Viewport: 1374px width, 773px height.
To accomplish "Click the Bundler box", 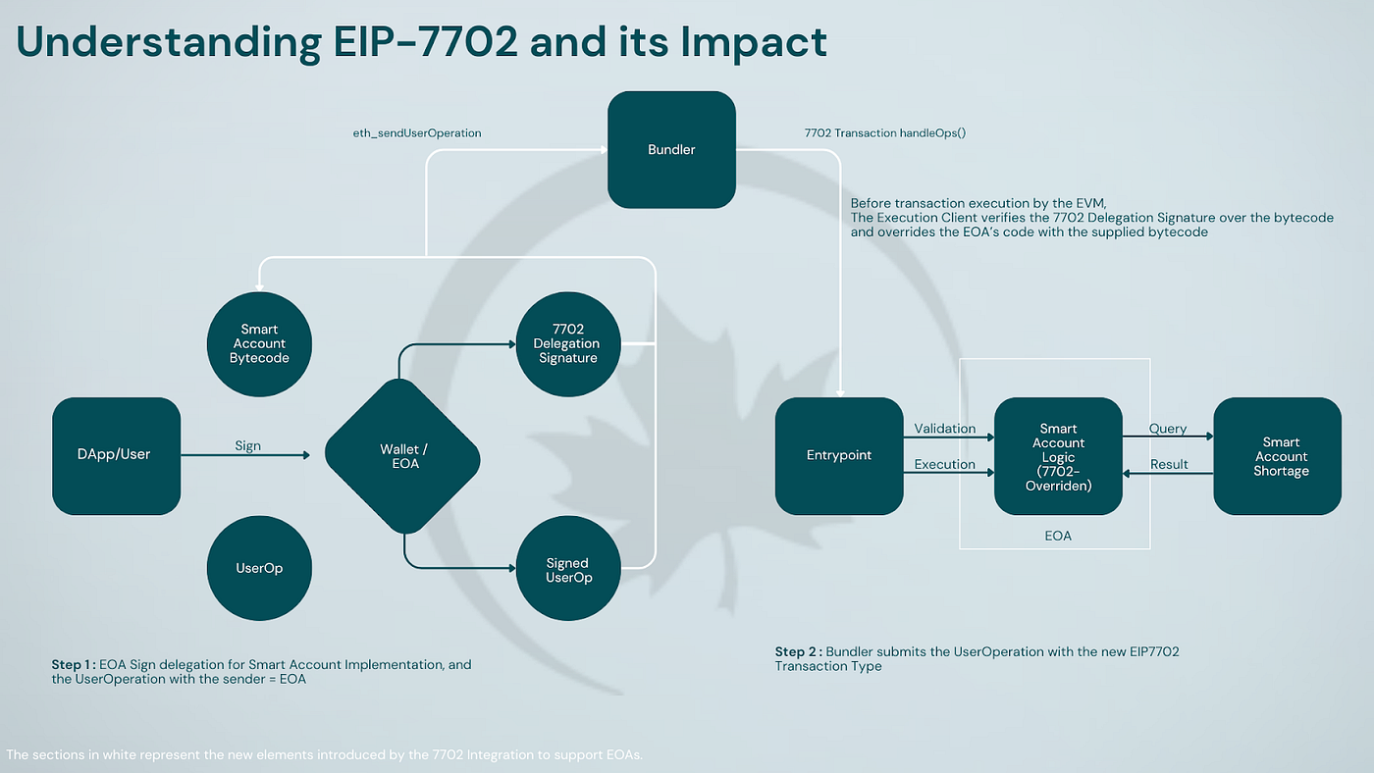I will tap(671, 149).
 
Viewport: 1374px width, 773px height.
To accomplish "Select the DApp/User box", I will tap(116, 455).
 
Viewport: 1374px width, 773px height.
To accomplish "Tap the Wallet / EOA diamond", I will tap(403, 456).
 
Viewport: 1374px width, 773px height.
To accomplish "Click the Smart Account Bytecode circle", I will tap(259, 343).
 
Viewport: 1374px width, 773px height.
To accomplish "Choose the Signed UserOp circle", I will tap(568, 569).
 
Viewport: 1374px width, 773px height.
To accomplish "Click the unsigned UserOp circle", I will tap(259, 568).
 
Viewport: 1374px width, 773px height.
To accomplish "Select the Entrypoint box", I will tap(839, 455).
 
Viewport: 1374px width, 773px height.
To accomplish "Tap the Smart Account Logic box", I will tap(1058, 456).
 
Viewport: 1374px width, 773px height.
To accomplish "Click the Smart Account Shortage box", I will tap(1277, 456).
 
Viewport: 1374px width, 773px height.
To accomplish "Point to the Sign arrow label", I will tap(247, 445).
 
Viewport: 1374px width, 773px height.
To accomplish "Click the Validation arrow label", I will tap(944, 429).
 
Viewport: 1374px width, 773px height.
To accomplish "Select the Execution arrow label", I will tap(944, 464).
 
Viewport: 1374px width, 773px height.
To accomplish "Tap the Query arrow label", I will tap(1168, 429).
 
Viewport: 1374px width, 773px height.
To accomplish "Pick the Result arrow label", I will tap(1168, 464).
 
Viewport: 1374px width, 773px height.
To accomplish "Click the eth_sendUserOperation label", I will tap(417, 132).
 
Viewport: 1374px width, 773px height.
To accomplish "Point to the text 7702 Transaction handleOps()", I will tap(883, 132).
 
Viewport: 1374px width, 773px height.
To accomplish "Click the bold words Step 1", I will tap(73, 664).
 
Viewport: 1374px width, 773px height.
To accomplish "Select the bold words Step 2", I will tap(797, 651).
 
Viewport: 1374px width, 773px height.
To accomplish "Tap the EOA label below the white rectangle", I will tap(1058, 536).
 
